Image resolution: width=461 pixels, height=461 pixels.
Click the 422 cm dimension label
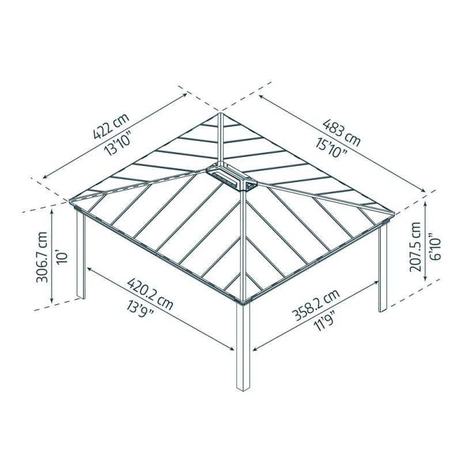[x=110, y=128]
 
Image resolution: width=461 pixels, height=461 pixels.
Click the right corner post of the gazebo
[x=382, y=268]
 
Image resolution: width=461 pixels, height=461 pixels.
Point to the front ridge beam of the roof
[x=244, y=242]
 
